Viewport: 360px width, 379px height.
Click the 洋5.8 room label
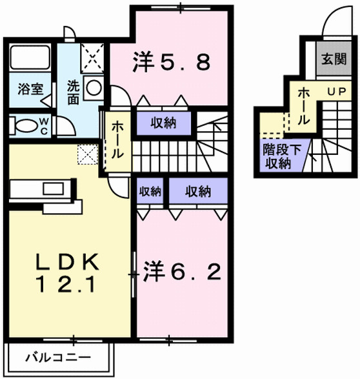click(170, 62)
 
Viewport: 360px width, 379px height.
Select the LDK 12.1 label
click(67, 272)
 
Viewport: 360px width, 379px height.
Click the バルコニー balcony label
click(58, 356)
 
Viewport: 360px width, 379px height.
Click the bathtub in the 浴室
click(32, 59)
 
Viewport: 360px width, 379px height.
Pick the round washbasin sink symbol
click(94, 88)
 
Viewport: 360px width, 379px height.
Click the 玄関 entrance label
click(333, 61)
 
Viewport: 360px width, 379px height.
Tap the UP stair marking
click(335, 92)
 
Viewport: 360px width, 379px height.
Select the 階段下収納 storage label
click(278, 156)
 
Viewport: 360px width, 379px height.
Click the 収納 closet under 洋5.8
click(164, 123)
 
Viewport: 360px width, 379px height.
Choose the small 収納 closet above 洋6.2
click(150, 191)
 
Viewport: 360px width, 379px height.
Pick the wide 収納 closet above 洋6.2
click(198, 191)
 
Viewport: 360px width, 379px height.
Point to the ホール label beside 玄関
click(305, 107)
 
